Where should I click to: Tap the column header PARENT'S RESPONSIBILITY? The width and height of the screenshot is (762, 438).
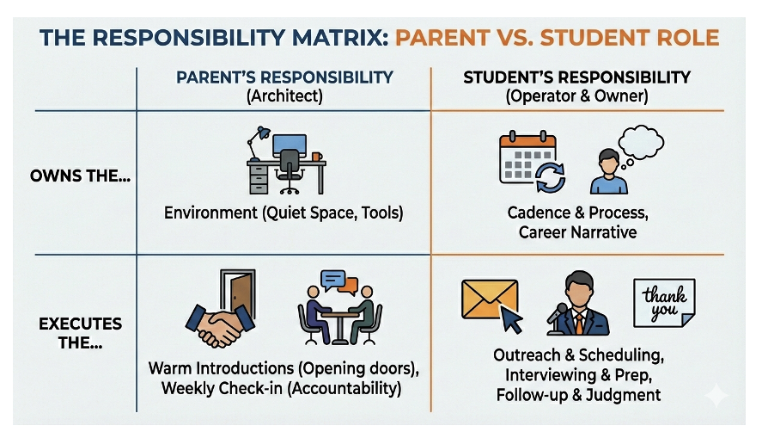coord(284,77)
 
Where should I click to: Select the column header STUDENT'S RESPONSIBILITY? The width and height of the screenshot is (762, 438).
coord(576,77)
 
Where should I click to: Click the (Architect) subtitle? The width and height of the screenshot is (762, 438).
coord(284,96)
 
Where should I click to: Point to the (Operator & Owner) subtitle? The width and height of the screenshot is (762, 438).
coord(576,96)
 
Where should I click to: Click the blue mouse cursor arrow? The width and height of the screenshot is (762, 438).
coord(512,321)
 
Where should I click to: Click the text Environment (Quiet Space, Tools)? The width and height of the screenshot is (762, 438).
coord(284,212)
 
